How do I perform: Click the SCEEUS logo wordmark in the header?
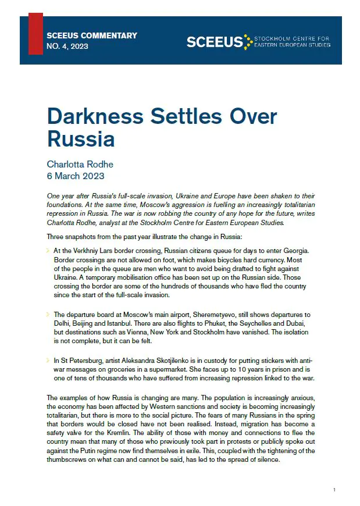214,41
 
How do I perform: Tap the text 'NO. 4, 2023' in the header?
67,46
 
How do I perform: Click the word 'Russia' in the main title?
80,140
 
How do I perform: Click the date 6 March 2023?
76,176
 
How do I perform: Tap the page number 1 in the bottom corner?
334,491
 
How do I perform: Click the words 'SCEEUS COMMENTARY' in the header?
92,35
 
